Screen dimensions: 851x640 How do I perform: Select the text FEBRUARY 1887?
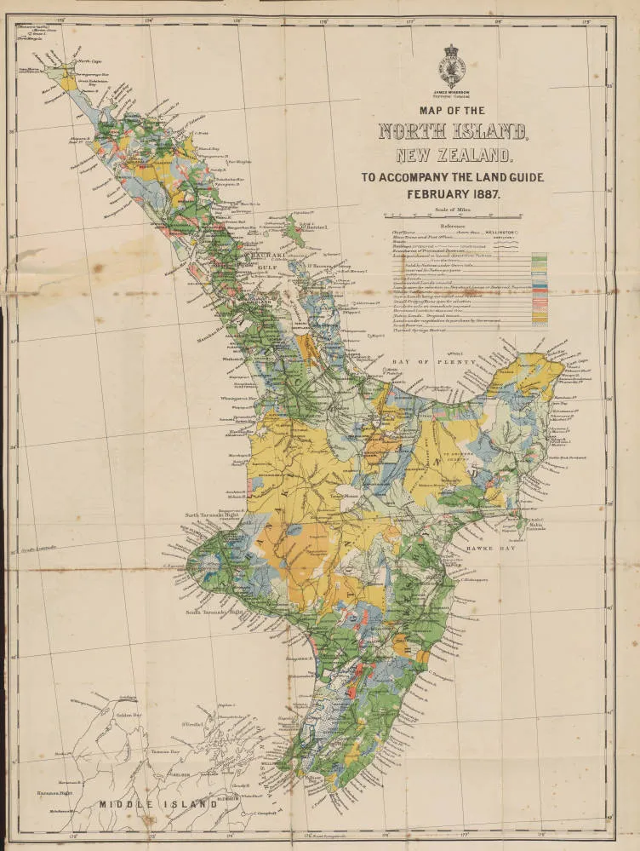pyautogui.click(x=454, y=193)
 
